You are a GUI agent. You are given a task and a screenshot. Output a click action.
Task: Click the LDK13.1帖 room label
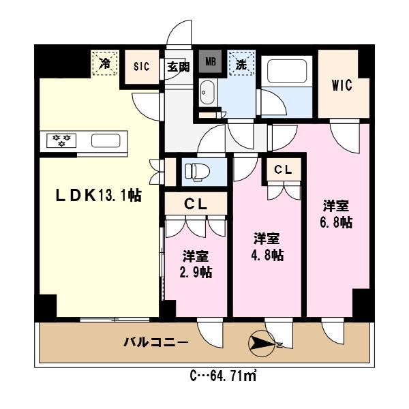[98, 196]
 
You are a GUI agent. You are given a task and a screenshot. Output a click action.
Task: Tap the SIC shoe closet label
[141, 66]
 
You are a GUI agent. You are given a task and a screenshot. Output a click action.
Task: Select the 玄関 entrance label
[178, 66]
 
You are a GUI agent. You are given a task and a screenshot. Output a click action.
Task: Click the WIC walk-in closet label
[342, 86]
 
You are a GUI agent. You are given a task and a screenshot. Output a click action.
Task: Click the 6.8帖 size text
[337, 222]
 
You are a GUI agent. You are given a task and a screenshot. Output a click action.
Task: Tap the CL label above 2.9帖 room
[196, 202]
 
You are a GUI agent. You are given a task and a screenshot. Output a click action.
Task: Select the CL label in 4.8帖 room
[283, 169]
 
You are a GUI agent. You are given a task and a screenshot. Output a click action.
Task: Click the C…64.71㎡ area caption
[223, 376]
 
